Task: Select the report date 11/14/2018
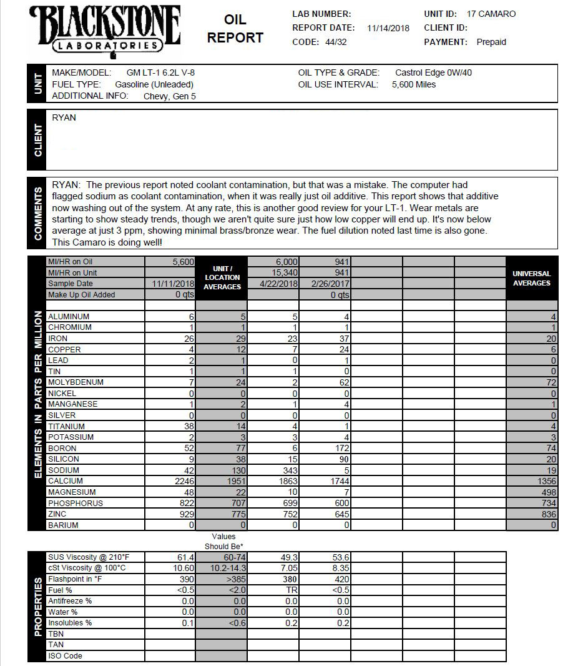[x=388, y=28]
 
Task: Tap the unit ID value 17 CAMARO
[x=491, y=14]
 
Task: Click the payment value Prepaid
[x=491, y=42]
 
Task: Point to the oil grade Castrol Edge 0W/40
[x=433, y=72]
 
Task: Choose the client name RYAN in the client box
[x=64, y=117]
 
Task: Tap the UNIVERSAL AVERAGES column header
[x=531, y=278]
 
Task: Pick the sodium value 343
[x=287, y=470]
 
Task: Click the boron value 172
[x=340, y=449]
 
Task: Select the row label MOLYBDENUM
[x=76, y=382]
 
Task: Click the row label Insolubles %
[x=70, y=623]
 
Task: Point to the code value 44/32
[x=336, y=42]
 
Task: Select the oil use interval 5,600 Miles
[x=414, y=84]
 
